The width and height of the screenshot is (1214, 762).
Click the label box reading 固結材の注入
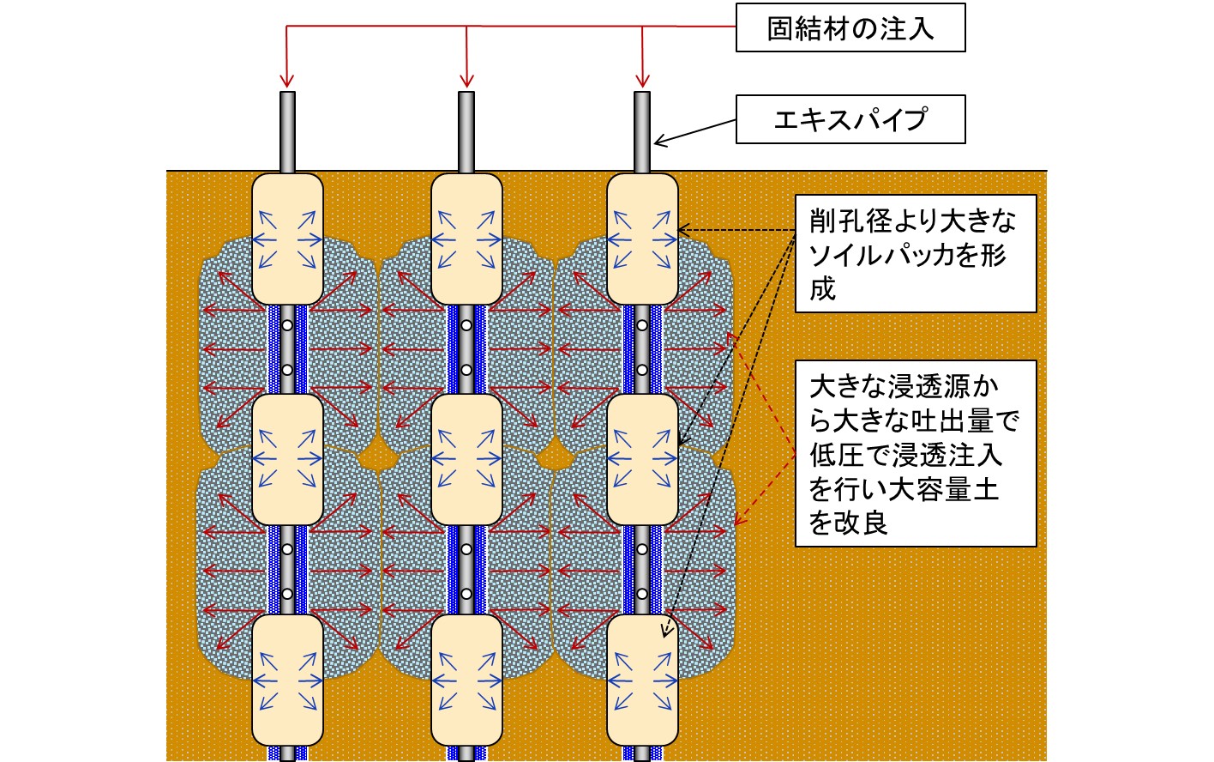pyautogui.click(x=850, y=28)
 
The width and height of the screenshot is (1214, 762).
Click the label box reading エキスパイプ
pyautogui.click(x=850, y=119)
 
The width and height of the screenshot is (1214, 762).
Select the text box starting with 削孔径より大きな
pyautogui.click(x=915, y=254)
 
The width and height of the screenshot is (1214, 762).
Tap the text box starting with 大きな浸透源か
pyautogui.click(x=915, y=453)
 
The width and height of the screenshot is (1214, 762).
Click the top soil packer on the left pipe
pyautogui.click(x=287, y=239)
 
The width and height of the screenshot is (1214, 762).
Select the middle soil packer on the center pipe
pyautogui.click(x=466, y=459)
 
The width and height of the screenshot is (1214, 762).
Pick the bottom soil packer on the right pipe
pyautogui.click(x=642, y=680)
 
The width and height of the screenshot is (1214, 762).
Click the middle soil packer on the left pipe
pyautogui.click(x=287, y=459)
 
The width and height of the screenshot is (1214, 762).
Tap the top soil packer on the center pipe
pyautogui.click(x=466, y=239)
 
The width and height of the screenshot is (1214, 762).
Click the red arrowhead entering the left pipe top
pyautogui.click(x=287, y=82)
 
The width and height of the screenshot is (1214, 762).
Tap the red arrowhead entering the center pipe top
pyautogui.click(x=466, y=82)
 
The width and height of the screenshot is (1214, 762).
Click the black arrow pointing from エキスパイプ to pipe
pyautogui.click(x=694, y=133)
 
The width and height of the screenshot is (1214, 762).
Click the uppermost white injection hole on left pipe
pyautogui.click(x=287, y=325)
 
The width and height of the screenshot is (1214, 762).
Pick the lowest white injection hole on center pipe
pyautogui.click(x=466, y=594)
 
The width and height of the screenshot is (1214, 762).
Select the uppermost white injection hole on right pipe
pyautogui.click(x=642, y=325)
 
